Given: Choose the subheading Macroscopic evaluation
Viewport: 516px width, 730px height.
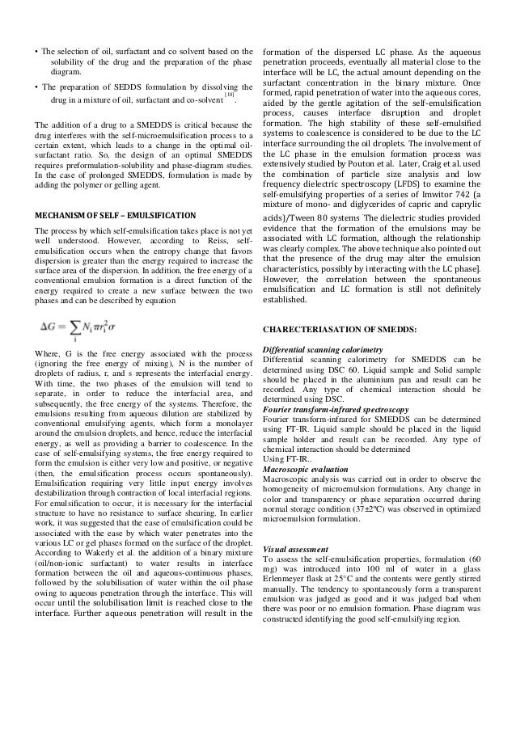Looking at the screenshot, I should (307, 468).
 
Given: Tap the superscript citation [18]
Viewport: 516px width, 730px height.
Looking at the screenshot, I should (230, 95).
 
